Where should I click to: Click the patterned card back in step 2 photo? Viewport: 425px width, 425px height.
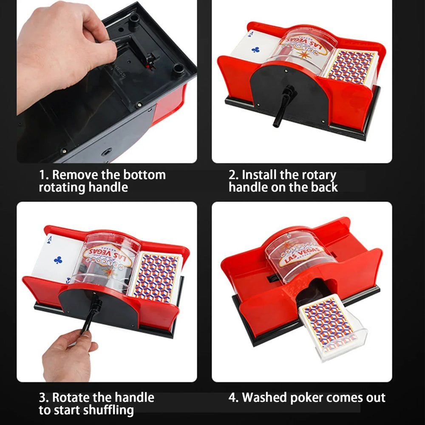click(351, 67)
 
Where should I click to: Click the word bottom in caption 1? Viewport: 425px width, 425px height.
click(144, 175)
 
